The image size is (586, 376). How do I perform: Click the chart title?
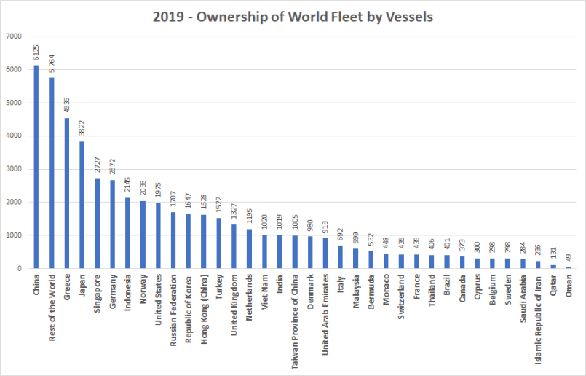[x=293, y=17]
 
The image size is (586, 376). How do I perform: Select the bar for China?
[x=36, y=167]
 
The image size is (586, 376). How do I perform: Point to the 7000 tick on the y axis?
[x=15, y=36]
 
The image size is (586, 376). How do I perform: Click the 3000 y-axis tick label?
[x=15, y=169]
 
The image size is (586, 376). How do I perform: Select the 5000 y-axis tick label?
[x=15, y=103]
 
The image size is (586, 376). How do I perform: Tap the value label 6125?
[x=36, y=53]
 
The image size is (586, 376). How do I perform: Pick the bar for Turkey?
[x=220, y=243]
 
